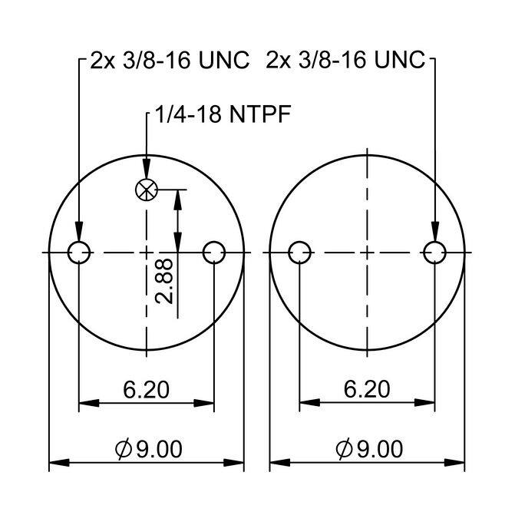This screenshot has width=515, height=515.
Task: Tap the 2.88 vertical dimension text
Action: tap(163, 281)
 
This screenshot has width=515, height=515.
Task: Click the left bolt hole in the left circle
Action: tap(79, 252)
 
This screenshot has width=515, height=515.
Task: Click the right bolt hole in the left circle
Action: tap(213, 252)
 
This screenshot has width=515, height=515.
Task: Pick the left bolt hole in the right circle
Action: tap(299, 252)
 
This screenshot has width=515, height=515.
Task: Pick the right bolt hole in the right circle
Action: tap(434, 252)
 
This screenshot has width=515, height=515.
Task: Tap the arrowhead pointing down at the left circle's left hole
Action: tap(79, 233)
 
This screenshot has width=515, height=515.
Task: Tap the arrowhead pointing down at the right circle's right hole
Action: tap(434, 233)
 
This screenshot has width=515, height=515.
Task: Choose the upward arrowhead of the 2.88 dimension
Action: tap(178, 197)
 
